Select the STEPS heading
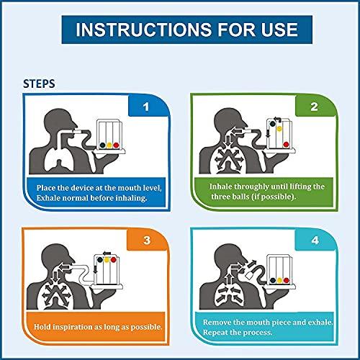[x=44, y=83]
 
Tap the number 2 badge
[x=313, y=109]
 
